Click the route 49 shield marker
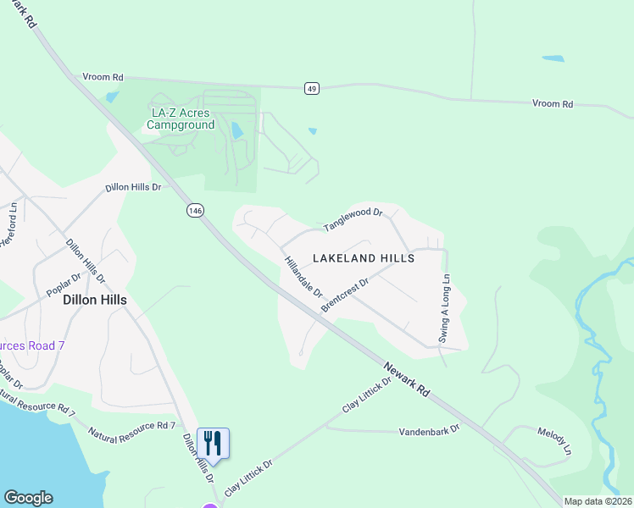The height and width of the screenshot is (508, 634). [313, 88]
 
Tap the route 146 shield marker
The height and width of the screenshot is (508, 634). [195, 210]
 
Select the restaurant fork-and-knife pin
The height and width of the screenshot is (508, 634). [213, 443]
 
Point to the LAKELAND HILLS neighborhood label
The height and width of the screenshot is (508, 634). [364, 258]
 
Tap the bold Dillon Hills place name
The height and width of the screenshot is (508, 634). [95, 300]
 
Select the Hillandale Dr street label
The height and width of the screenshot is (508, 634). [303, 277]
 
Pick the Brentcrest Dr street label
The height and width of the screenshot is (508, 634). [345, 296]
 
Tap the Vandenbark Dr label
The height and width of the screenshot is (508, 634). [429, 430]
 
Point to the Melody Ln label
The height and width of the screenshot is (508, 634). [554, 439]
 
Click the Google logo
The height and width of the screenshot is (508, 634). [28, 498]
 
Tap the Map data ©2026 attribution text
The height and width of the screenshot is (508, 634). [597, 501]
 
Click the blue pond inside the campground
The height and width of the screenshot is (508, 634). [236, 130]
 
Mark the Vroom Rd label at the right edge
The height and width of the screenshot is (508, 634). [553, 104]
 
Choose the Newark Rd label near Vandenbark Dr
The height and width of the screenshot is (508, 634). [408, 382]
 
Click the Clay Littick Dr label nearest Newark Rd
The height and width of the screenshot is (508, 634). [367, 395]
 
